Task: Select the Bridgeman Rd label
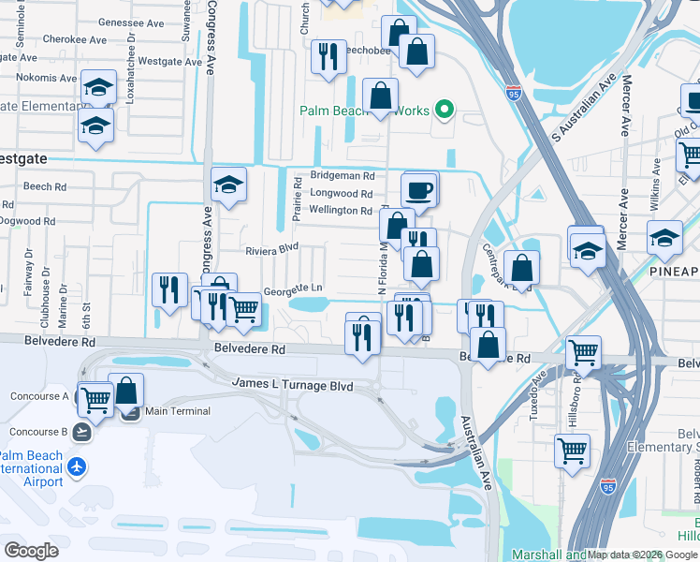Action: tap(343, 175)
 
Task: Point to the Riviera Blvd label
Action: tap(270, 250)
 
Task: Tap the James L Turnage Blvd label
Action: tap(292, 385)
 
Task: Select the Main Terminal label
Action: tap(177, 410)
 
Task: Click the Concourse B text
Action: tap(38, 432)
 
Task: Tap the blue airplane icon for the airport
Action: tap(77, 466)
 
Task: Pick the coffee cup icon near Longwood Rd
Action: tap(418, 190)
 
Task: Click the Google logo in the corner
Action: tap(32, 550)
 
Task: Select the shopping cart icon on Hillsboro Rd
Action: tap(571, 449)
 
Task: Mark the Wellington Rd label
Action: tap(341, 211)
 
